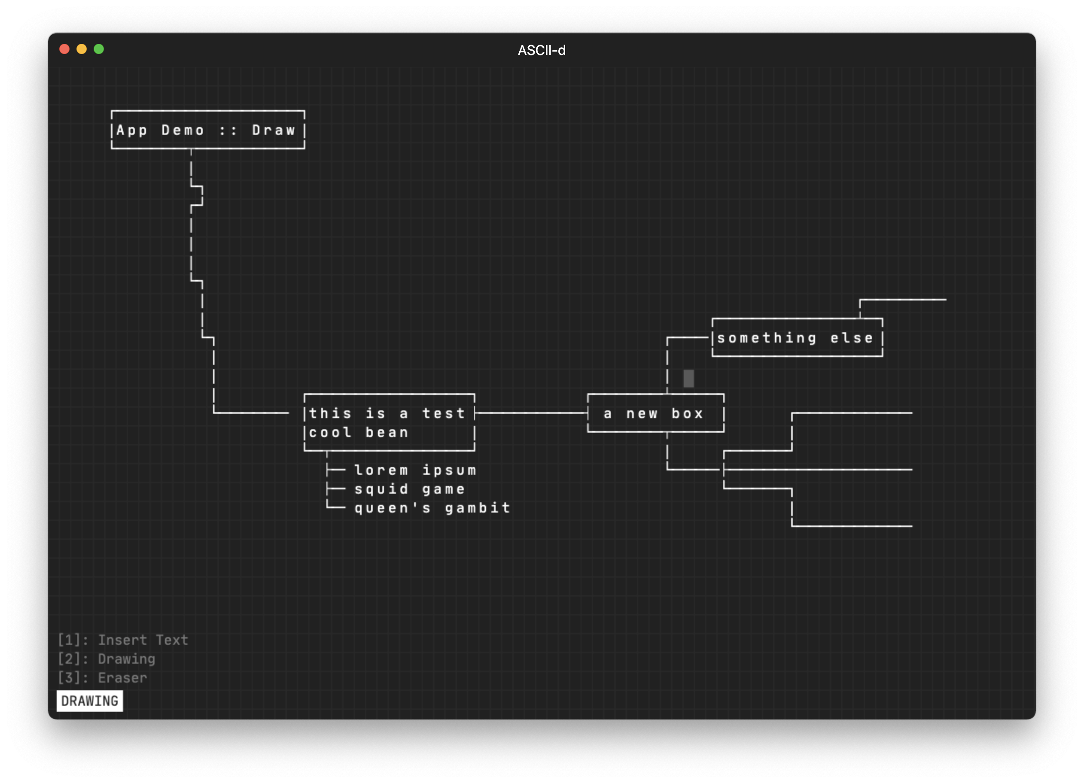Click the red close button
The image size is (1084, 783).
point(64,49)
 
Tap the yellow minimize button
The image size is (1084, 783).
point(82,49)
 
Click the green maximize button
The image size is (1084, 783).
point(99,49)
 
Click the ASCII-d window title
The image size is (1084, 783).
point(542,50)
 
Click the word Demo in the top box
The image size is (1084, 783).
point(183,130)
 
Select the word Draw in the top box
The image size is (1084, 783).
point(274,130)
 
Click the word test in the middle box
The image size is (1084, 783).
point(443,413)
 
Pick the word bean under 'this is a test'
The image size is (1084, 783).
point(387,432)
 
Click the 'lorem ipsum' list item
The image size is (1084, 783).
point(415,470)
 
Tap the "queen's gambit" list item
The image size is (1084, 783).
point(432,508)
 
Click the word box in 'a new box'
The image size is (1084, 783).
point(687,413)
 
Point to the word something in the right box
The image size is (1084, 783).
point(767,338)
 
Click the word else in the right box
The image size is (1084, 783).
point(851,338)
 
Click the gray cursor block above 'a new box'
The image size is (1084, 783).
point(688,378)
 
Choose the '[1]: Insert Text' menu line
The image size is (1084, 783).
point(123,640)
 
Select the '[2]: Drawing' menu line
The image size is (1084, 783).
point(106,659)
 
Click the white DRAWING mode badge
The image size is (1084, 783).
point(89,701)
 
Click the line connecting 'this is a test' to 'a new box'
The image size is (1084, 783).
point(530,413)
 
